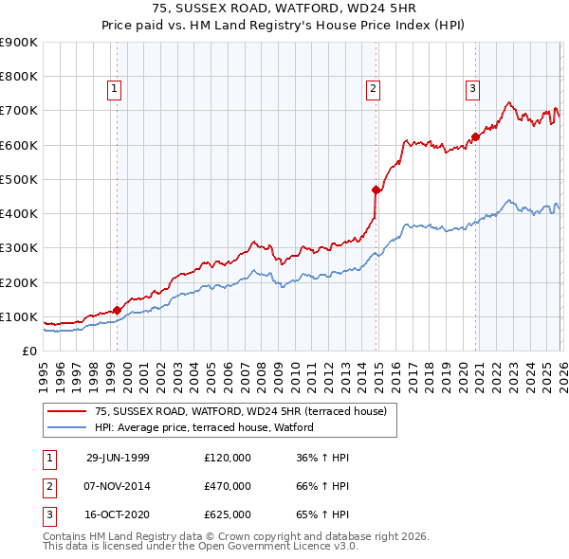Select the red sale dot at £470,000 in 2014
(376, 189)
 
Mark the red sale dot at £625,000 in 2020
(476, 136)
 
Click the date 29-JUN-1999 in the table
(119, 458)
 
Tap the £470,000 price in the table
(228, 486)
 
